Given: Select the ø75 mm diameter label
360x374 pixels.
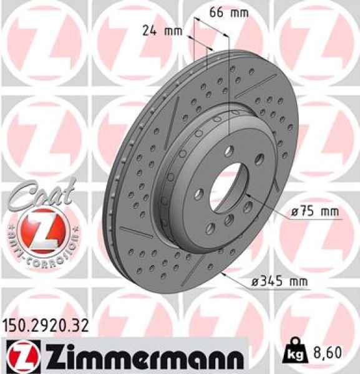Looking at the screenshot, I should [315, 212].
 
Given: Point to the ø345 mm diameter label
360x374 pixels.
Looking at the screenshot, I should [280, 282].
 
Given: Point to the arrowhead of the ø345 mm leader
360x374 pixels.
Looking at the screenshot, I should [226, 274].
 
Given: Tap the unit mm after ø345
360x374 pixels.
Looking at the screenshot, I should [298, 282].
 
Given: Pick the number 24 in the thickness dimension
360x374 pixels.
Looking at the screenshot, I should [150, 31].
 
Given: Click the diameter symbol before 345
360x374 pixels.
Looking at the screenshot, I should [255, 282].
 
